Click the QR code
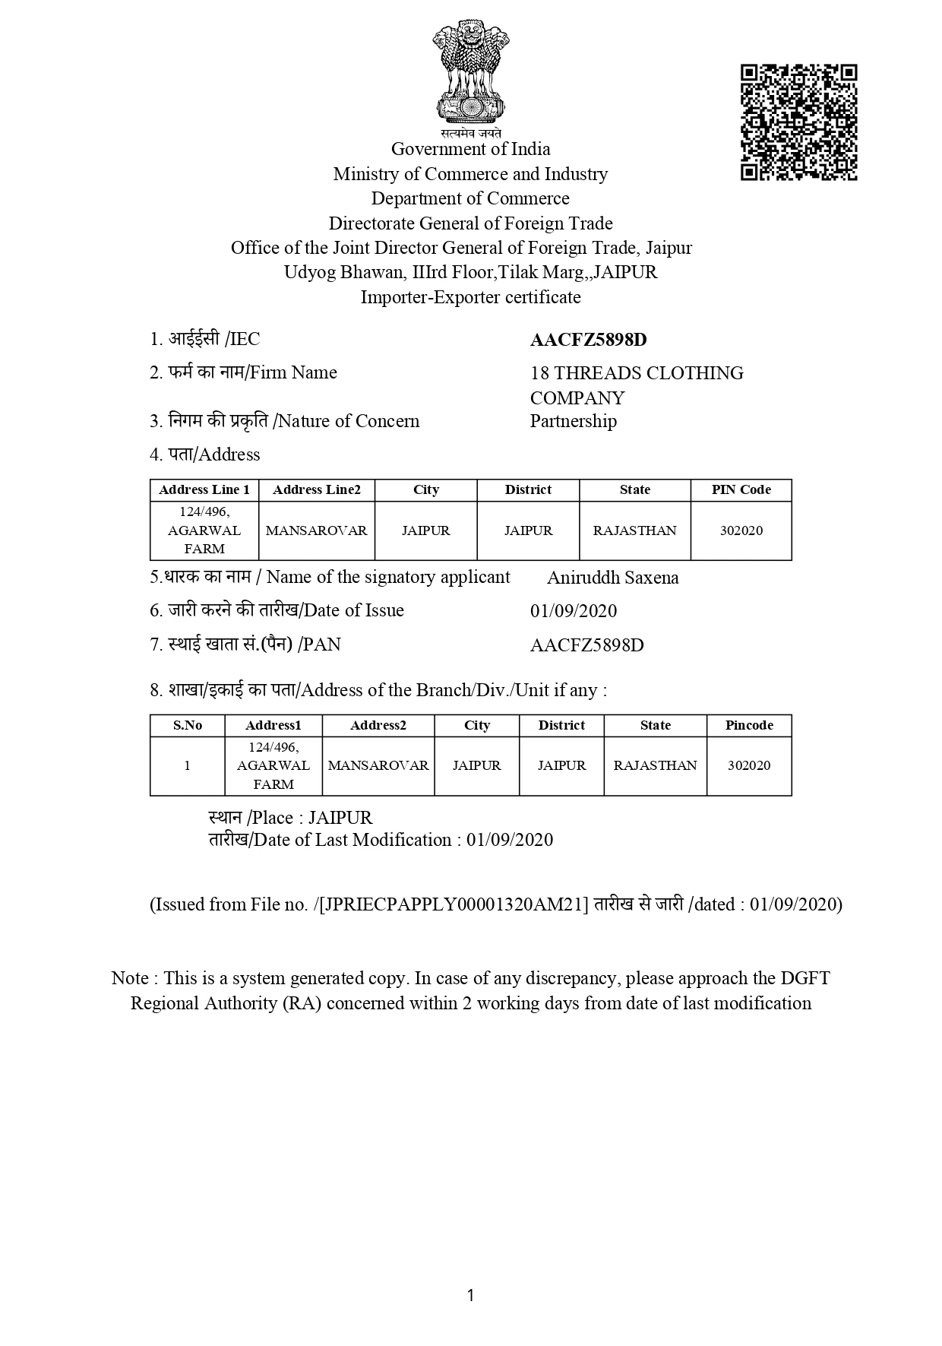coord(798,122)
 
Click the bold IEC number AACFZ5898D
coord(588,340)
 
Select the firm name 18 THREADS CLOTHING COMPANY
coord(637,385)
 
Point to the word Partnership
coord(573,421)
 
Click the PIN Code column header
coord(741,490)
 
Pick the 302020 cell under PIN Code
coord(741,530)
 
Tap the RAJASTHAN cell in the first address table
coord(634,530)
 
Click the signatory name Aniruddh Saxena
coord(612,578)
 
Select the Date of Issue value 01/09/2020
coord(573,611)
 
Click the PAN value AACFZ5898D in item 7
coord(586,645)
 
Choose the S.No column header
coord(187,725)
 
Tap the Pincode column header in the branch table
coord(749,725)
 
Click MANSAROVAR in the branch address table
coord(378,765)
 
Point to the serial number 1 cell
coord(187,765)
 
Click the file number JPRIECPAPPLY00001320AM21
coord(454,904)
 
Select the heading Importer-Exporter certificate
coord(470,297)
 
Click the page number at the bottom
coord(470,1295)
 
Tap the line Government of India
coord(470,149)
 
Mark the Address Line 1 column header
coord(204,490)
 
